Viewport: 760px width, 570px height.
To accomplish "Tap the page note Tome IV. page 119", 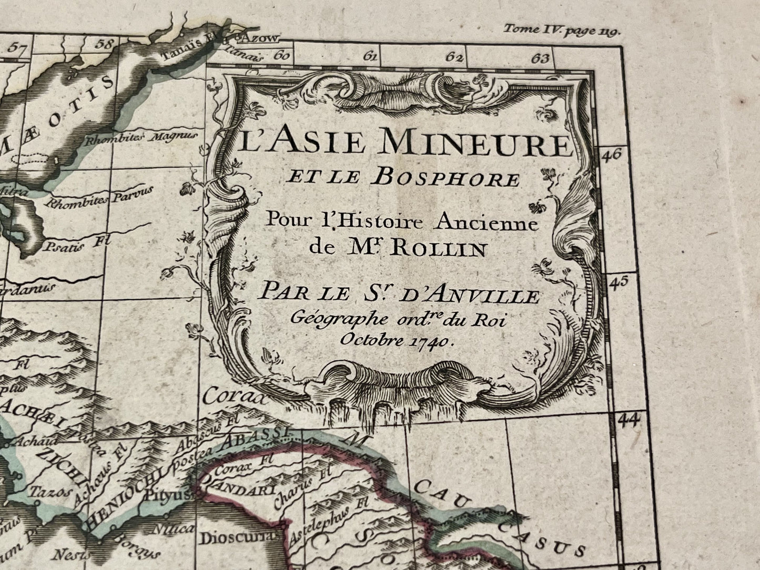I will point(562,30).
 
